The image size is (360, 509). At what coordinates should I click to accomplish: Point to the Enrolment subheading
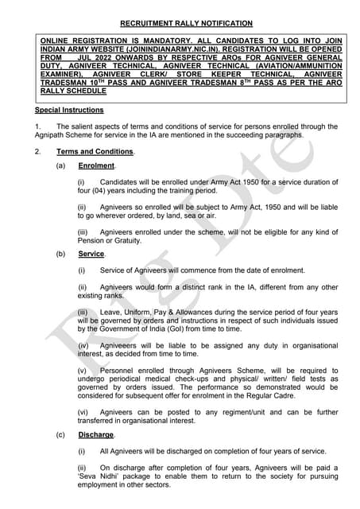point(96,165)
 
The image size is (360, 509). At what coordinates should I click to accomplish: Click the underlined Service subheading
point(91,254)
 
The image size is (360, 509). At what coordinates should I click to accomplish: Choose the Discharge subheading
point(96,435)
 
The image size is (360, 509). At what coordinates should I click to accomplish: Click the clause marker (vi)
point(83,412)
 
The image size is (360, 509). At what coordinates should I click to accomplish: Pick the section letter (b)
point(60,254)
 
